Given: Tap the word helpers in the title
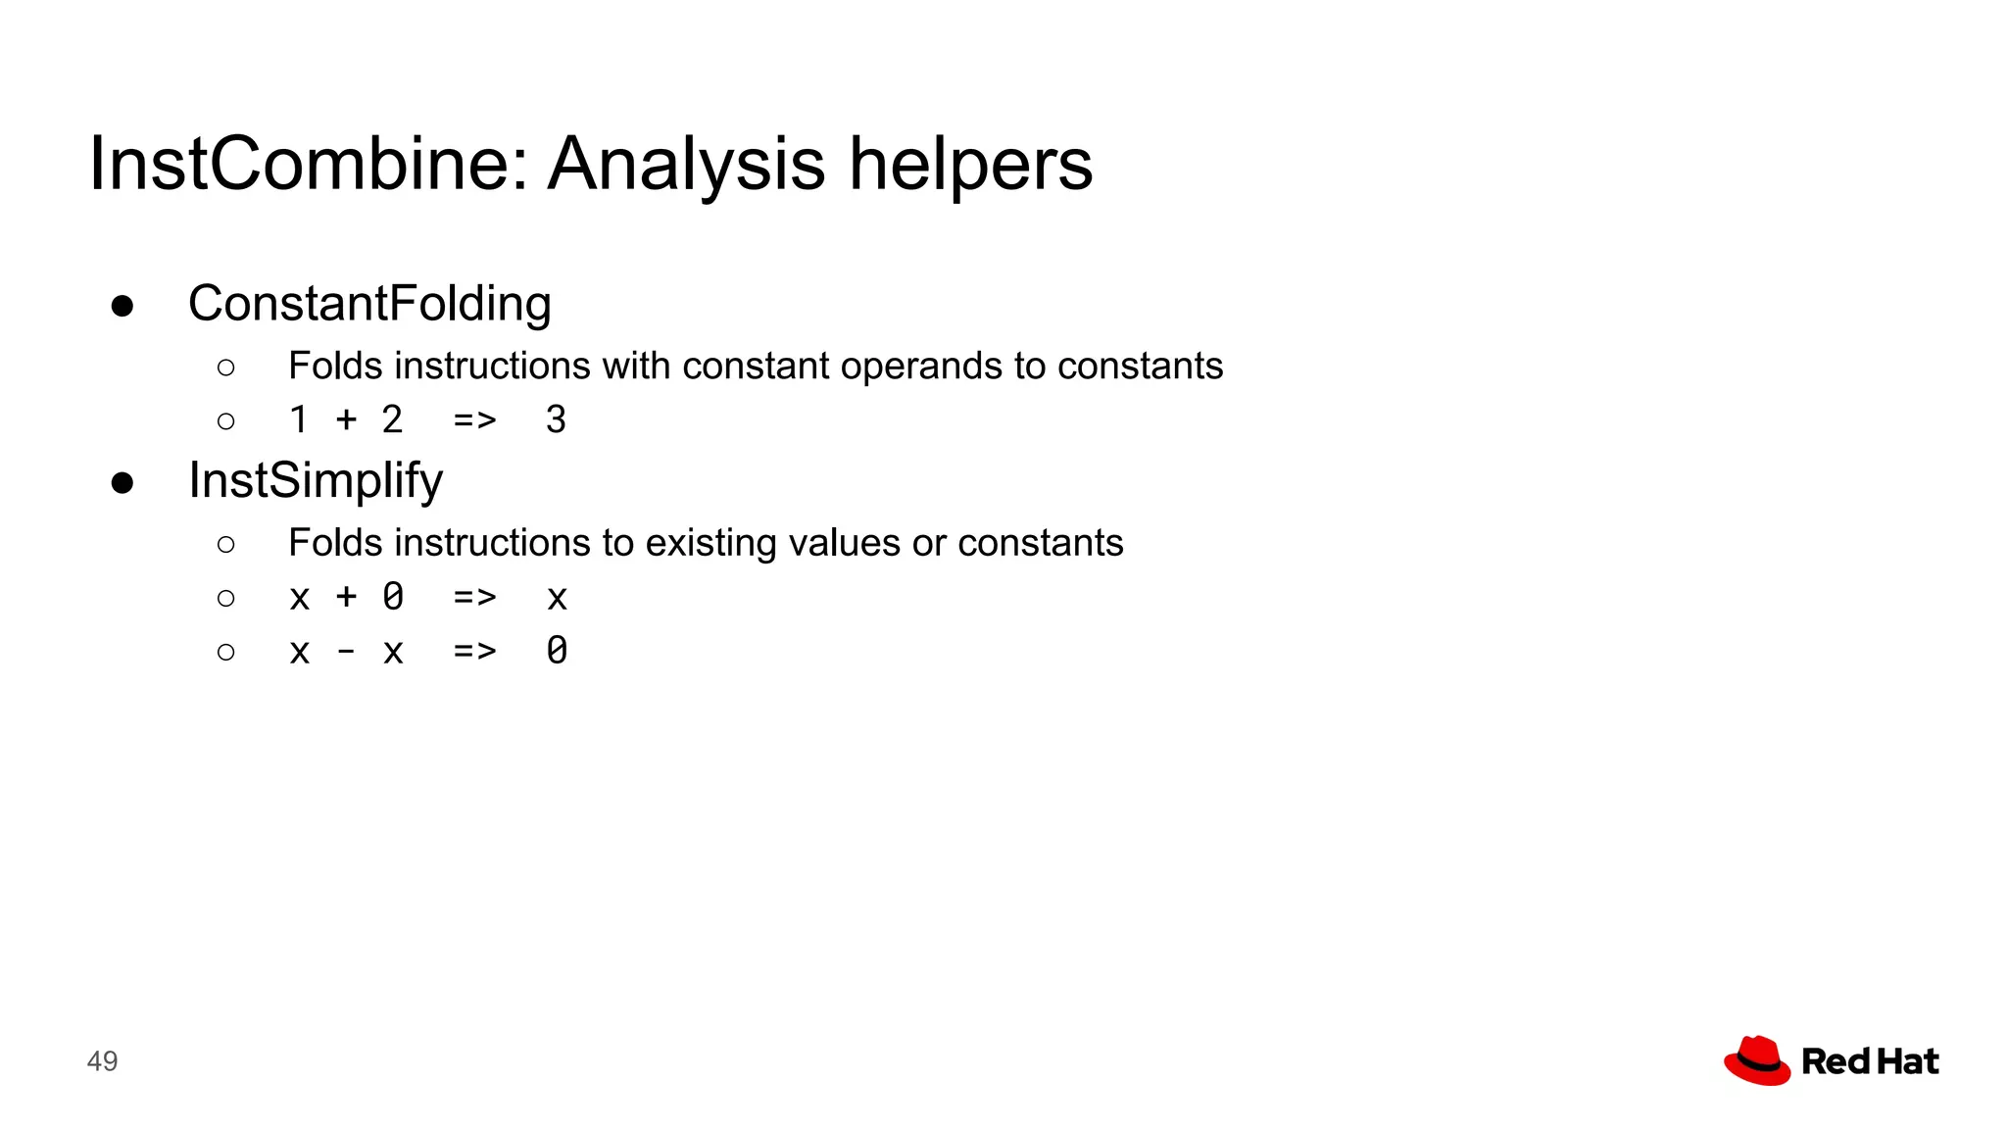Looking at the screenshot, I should tap(969, 165).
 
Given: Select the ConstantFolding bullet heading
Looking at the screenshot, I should tap(369, 304).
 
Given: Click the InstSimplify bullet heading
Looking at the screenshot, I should tap(316, 481).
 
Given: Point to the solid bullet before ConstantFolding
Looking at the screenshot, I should tap(122, 307).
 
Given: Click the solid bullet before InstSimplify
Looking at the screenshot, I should tap(122, 483).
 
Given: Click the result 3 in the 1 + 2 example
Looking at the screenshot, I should tap(556, 420).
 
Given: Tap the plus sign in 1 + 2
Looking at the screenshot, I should tap(346, 420).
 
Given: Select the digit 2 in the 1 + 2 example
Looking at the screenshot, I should tap(392, 420).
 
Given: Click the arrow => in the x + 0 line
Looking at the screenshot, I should tap(475, 598).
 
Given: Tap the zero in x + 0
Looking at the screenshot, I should tap(393, 597).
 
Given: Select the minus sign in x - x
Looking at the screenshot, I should tap(346, 652).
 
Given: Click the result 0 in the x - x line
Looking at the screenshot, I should tap(557, 651).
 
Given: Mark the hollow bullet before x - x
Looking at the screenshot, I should tap(226, 652).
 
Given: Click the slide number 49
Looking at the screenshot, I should tap(102, 1061).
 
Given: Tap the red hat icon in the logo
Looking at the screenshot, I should tap(1757, 1060).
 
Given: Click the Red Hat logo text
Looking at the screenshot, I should tap(1870, 1061).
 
